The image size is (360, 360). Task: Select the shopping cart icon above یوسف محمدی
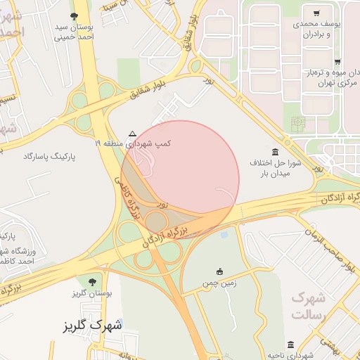(x=317, y=13)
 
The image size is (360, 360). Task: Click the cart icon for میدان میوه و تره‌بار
(x=337, y=62)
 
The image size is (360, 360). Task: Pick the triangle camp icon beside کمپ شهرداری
(x=133, y=132)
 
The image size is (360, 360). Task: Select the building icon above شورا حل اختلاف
(x=274, y=152)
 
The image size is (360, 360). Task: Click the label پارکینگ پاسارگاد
(x=49, y=155)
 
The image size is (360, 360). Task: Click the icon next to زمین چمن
(x=219, y=272)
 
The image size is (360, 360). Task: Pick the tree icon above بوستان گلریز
(x=92, y=282)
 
